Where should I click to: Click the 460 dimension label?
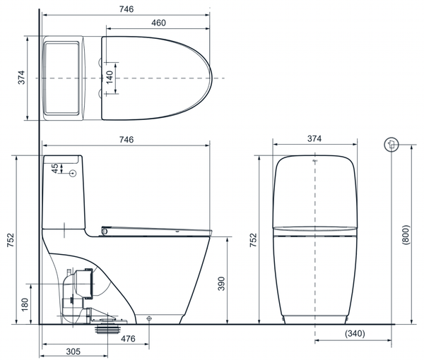(158, 23)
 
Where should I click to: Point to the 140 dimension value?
(110, 78)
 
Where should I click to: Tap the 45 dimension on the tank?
(55, 168)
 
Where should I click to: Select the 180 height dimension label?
(25, 305)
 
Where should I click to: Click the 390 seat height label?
(221, 284)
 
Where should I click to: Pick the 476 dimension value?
(128, 339)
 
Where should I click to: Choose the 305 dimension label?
(73, 352)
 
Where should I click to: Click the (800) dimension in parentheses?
(406, 235)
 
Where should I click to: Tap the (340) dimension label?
(355, 334)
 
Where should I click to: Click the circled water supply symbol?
(391, 144)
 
